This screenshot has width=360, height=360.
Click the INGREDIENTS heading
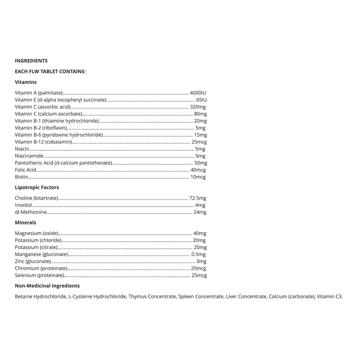coord(31,61)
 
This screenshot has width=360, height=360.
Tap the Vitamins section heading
coord(26,82)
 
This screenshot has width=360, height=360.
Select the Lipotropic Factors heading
coord(37,187)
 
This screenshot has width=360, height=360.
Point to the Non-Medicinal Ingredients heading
coord(47,286)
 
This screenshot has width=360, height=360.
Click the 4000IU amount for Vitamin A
coord(198,92)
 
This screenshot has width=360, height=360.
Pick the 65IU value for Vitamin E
coord(201,99)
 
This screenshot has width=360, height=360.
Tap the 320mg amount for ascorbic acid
coord(198,107)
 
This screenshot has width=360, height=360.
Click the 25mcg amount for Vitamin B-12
coord(199,142)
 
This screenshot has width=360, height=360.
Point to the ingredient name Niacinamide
coord(29,156)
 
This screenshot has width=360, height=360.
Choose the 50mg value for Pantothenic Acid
coord(200,163)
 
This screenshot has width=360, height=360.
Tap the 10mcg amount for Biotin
coord(198,177)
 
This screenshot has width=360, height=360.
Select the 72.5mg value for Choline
coord(198,198)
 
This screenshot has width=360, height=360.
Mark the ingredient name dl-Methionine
coord(31,212)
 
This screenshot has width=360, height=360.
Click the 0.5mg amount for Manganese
coord(198,254)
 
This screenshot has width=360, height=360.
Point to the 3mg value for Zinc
coord(201,261)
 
